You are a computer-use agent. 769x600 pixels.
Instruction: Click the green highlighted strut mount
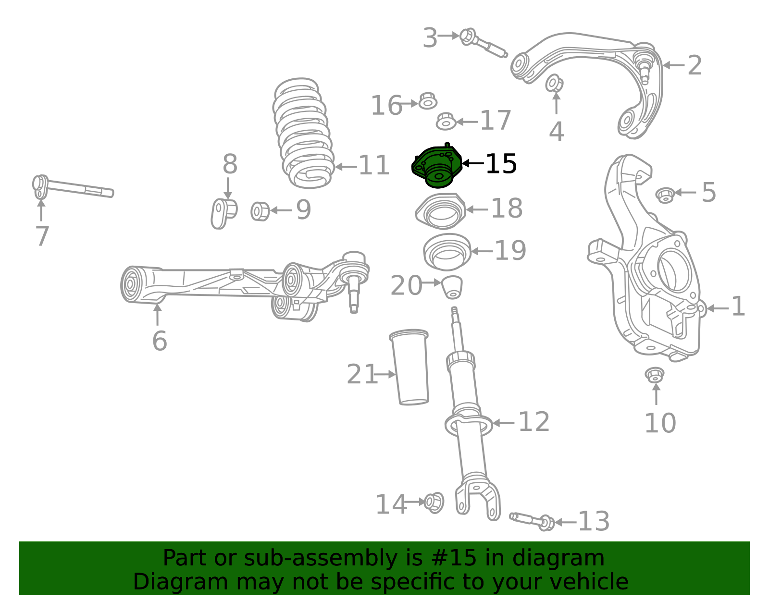(x=437, y=166)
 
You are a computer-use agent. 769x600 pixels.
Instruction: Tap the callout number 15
(x=501, y=164)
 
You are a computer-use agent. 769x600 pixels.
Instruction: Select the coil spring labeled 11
(x=304, y=133)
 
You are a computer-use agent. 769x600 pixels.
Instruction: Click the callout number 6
(x=160, y=341)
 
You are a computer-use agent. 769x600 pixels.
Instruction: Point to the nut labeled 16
(x=428, y=101)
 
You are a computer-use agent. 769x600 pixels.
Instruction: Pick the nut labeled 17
(x=446, y=121)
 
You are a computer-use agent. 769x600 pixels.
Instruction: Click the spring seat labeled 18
(x=441, y=211)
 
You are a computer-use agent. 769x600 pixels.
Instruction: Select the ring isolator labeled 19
(x=447, y=252)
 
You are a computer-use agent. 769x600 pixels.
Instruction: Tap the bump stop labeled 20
(x=452, y=287)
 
